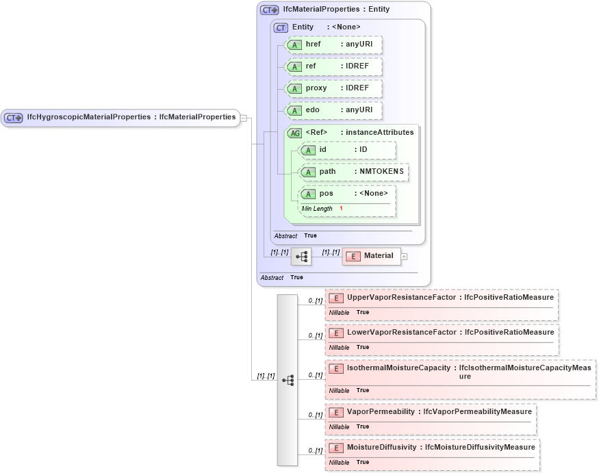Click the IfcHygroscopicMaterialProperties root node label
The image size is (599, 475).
130,117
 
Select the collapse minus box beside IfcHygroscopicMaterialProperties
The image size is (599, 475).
244,118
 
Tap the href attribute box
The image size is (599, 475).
333,44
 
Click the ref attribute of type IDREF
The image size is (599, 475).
333,66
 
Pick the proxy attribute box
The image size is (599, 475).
333,88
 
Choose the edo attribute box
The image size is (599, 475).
333,110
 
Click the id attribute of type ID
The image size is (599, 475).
348,150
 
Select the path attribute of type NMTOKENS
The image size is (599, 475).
354,172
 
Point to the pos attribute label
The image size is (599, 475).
327,194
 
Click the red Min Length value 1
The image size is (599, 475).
341,208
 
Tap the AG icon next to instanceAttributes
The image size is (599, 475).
295,133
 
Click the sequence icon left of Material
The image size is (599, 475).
301,257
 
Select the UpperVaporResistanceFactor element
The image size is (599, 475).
441,298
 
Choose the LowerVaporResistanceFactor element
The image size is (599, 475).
441,333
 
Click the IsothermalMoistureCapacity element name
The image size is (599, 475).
398,368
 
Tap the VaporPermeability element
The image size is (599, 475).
431,412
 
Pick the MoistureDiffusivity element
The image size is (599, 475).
432,447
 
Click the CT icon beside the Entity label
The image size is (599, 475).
281,27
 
